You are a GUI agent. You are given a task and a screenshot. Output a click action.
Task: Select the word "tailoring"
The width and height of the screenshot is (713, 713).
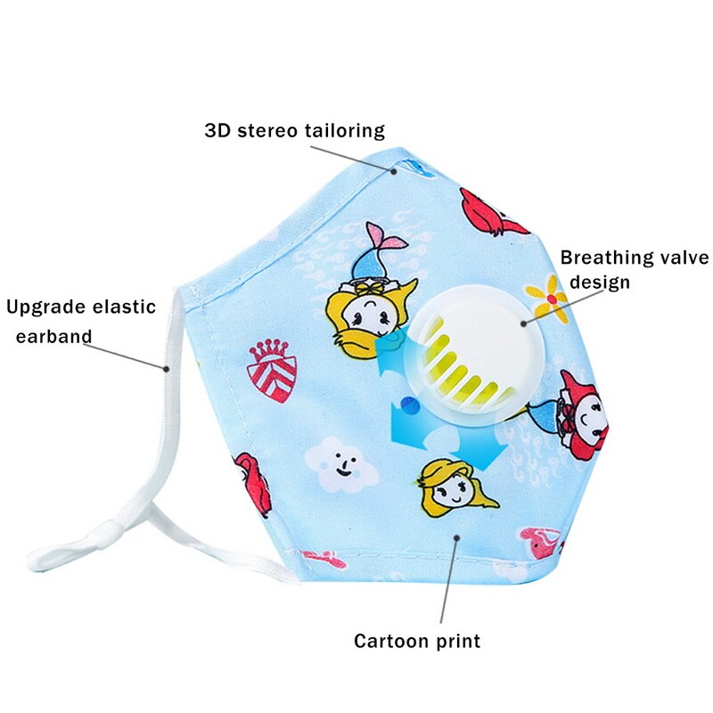pyautogui.click(x=343, y=130)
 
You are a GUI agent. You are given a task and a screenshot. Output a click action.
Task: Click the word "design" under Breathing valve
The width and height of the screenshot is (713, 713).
pyautogui.click(x=600, y=283)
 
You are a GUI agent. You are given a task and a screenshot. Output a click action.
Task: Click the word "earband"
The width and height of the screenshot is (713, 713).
pyautogui.click(x=53, y=337)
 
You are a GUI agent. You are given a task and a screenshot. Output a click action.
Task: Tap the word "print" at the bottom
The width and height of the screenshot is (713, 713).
pyautogui.click(x=458, y=642)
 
